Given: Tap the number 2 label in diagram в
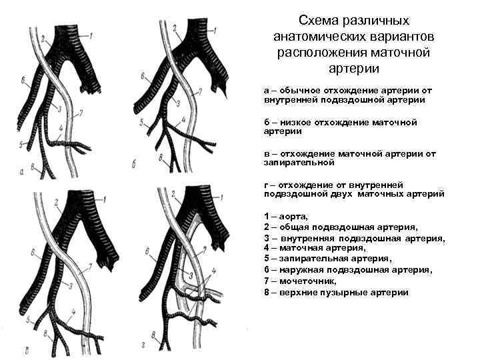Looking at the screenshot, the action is [56, 201].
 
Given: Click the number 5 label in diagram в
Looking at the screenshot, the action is [25, 321].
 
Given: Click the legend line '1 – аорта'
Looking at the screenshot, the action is [286, 217].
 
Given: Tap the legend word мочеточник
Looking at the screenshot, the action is [306, 281].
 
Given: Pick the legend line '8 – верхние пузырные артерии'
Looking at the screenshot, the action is [336, 292].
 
